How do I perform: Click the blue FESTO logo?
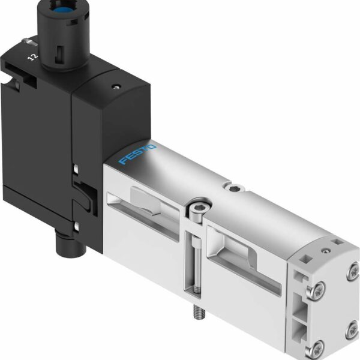click(137, 154)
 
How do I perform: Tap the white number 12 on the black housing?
click(33, 57)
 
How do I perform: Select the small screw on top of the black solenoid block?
click(116, 87)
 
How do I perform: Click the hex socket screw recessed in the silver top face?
click(235, 188)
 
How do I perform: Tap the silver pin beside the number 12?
click(30, 42)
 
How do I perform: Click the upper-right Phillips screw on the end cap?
click(354, 272)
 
